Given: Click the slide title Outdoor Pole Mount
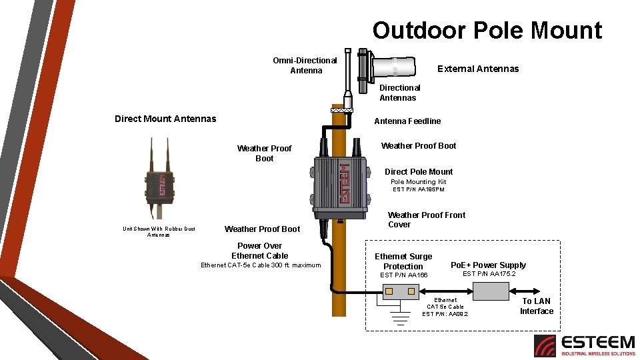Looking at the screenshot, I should click(x=487, y=31).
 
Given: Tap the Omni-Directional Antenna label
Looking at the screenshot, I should click(x=305, y=65).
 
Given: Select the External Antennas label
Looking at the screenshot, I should click(x=477, y=69).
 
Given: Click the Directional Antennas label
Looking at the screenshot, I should click(x=399, y=93).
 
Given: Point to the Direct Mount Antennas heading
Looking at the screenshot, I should click(x=165, y=119).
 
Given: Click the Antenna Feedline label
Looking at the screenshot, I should click(x=407, y=121).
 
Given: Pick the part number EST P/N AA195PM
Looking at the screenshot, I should click(x=418, y=190).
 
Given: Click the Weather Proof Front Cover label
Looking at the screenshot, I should click(x=426, y=219).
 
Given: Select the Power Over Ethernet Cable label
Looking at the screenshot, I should click(x=259, y=251).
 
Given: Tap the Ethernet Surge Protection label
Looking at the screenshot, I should click(x=403, y=261).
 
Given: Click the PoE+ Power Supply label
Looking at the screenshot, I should click(x=488, y=265).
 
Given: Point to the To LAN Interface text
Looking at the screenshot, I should click(x=536, y=306).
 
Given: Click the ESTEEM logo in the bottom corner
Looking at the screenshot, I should click(x=584, y=345).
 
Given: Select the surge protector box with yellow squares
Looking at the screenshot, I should click(x=399, y=291).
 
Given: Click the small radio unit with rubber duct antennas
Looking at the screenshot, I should click(x=159, y=180).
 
